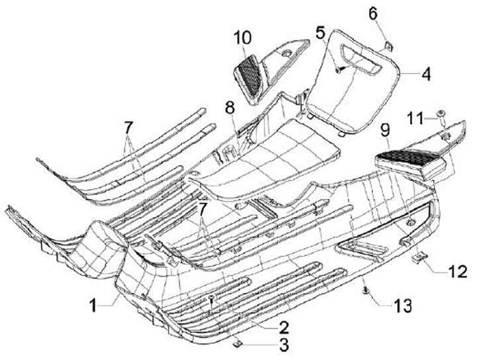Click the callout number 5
(321, 31)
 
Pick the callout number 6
(390, 14)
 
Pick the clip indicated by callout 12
(419, 257)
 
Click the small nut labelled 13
(366, 290)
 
